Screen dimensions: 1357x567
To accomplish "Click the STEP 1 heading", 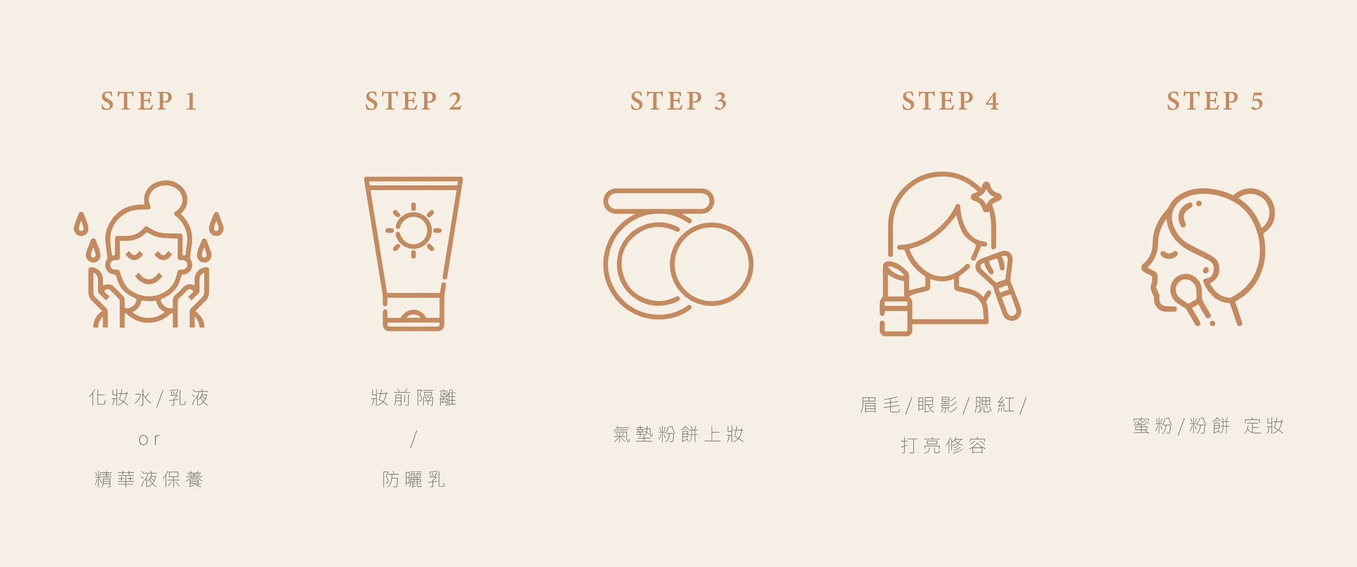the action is [x=148, y=101].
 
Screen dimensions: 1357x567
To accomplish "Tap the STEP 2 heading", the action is [x=414, y=101].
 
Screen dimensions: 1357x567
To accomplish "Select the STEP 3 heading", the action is [x=678, y=101].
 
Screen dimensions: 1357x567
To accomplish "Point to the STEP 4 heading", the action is [x=950, y=101].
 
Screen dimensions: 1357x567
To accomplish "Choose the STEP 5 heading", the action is [x=1215, y=101].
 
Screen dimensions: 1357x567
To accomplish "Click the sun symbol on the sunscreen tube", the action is [x=414, y=230].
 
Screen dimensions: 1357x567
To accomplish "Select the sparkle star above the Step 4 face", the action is [x=986, y=196].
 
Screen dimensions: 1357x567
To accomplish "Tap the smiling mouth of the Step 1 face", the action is [x=148, y=278].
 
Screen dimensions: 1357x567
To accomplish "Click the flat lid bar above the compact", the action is [x=658, y=201].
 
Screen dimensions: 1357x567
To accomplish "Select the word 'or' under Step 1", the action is [x=149, y=439].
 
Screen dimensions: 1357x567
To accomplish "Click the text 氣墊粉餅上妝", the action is [x=678, y=434].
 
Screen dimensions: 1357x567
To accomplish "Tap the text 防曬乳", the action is [x=414, y=480].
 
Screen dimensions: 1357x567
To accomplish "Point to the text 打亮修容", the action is [x=943, y=445].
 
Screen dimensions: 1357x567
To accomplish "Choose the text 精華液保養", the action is [x=149, y=480].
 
